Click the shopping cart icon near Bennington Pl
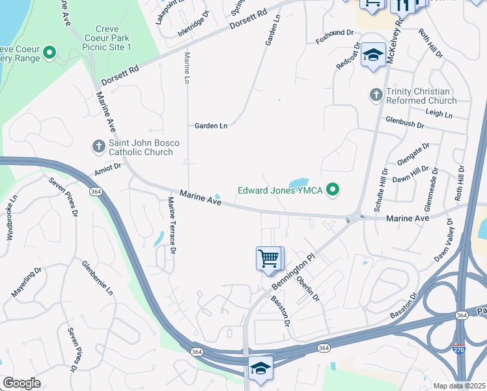[269, 259]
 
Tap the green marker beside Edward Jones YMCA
[333, 190]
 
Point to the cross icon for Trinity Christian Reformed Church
[375, 95]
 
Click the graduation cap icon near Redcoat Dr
[374, 55]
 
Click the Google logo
[21, 383]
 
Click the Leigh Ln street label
[439, 114]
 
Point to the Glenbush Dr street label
[404, 122]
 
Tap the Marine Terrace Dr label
[173, 225]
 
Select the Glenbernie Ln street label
[97, 277]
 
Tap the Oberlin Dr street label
[308, 288]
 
